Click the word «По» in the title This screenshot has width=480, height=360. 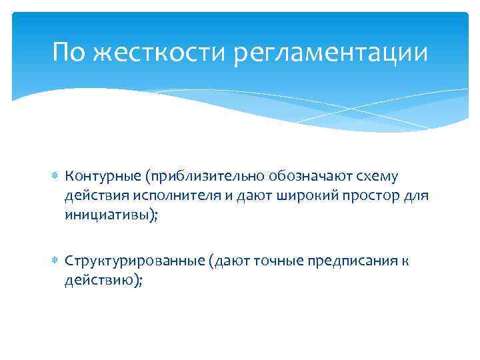point(69,52)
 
